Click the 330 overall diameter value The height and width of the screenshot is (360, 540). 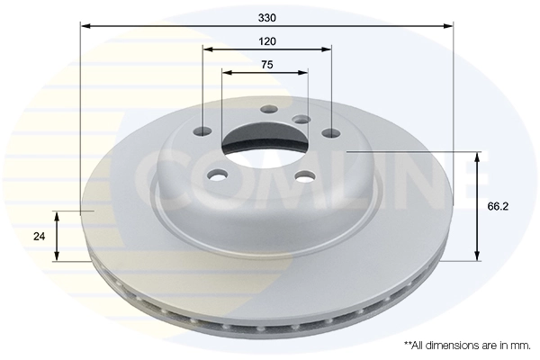(x=266, y=18)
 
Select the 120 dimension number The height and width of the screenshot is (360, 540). (x=266, y=41)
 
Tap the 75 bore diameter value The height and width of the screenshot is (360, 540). (x=266, y=64)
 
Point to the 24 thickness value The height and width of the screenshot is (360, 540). (x=39, y=237)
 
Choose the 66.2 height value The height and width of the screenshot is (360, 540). (x=499, y=206)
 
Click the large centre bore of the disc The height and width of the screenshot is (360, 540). (x=260, y=142)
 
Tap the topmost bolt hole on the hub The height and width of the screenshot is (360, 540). (x=266, y=109)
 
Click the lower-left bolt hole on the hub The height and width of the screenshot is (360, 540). (x=217, y=175)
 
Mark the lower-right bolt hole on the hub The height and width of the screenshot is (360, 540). (x=305, y=175)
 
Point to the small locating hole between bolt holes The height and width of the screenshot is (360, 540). (x=301, y=119)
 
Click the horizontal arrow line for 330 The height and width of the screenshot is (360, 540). (x=180, y=27)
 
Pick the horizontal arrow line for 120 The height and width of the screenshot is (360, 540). (x=234, y=49)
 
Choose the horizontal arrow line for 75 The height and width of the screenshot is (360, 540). (x=243, y=72)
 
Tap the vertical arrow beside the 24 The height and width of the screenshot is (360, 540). (x=58, y=237)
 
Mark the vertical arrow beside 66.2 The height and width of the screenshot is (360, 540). (x=476, y=206)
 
